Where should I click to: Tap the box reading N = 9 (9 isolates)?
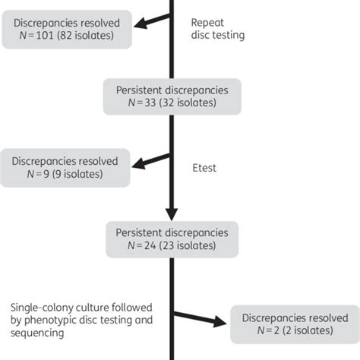click(x=65, y=168)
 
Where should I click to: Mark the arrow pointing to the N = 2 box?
click(x=201, y=318)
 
